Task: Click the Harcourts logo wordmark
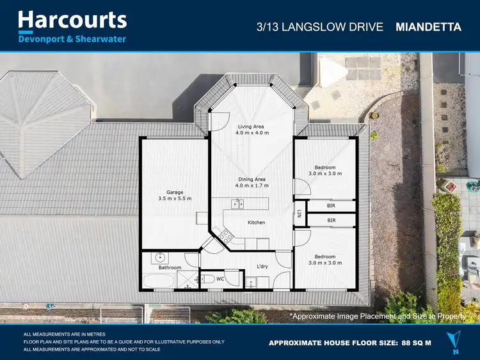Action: pos(72,20)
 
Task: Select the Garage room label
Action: pos(175,192)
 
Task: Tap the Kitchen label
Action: pos(257,223)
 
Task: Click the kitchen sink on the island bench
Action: pos(237,204)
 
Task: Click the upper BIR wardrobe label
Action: pos(331,206)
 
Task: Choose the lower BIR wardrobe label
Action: pos(331,221)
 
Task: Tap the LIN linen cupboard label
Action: pos(299,215)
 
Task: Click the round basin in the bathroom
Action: pos(160,258)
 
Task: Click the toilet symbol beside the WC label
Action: pos(208,279)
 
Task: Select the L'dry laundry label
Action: pos(262,266)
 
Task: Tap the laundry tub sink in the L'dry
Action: pos(252,281)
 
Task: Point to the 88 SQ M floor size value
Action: pos(415,343)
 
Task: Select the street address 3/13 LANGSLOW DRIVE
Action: pos(319,27)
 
